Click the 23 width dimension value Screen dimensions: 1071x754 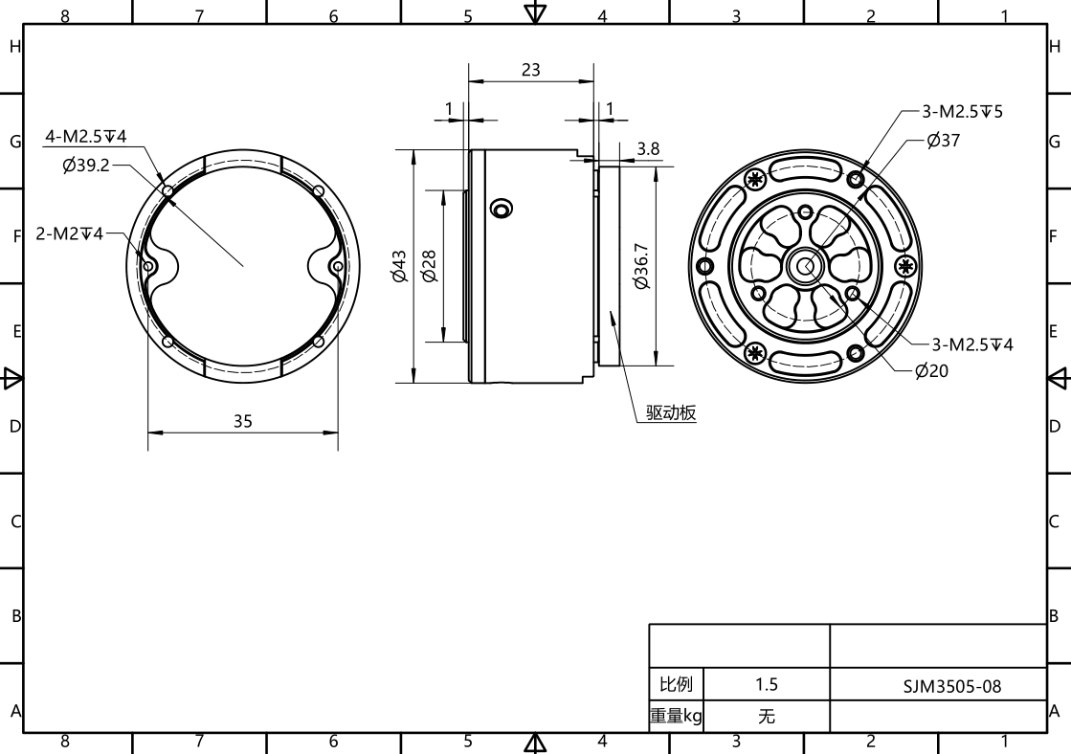point(531,70)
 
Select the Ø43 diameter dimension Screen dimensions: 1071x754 point(399,266)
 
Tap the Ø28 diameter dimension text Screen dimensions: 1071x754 point(428,266)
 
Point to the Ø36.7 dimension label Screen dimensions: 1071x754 point(641,266)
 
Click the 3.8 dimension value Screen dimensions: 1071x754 point(648,149)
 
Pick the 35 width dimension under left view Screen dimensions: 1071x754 point(243,421)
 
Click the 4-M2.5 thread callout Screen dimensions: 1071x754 point(86,136)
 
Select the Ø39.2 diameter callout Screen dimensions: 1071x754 point(86,166)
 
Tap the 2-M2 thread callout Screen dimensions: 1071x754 point(70,234)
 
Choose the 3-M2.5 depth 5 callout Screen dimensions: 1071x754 point(963,111)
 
